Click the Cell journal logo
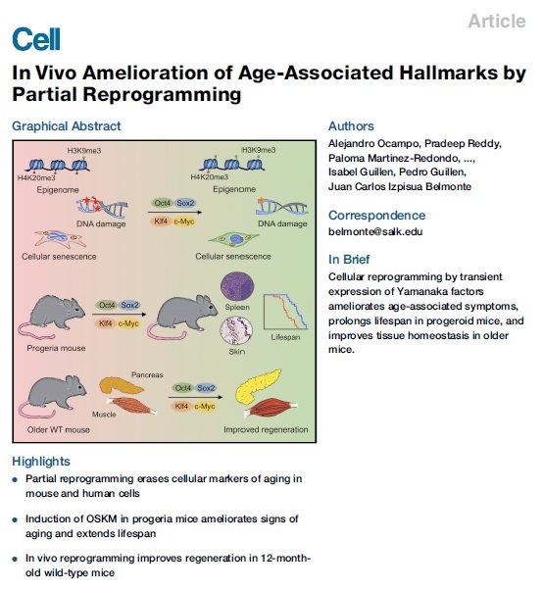36,39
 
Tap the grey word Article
497,22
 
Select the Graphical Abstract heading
67,126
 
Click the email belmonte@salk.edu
375,231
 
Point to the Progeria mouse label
56,348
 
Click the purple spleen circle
237,287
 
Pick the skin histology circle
236,330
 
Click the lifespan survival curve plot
285,312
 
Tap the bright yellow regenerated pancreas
258,384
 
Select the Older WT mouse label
59,429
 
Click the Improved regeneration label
266,429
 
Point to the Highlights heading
41,462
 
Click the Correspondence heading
376,216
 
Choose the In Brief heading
349,260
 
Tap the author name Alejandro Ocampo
372,144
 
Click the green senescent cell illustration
233,239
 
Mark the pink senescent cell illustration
60,238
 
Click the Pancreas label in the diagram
147,374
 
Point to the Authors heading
351,126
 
